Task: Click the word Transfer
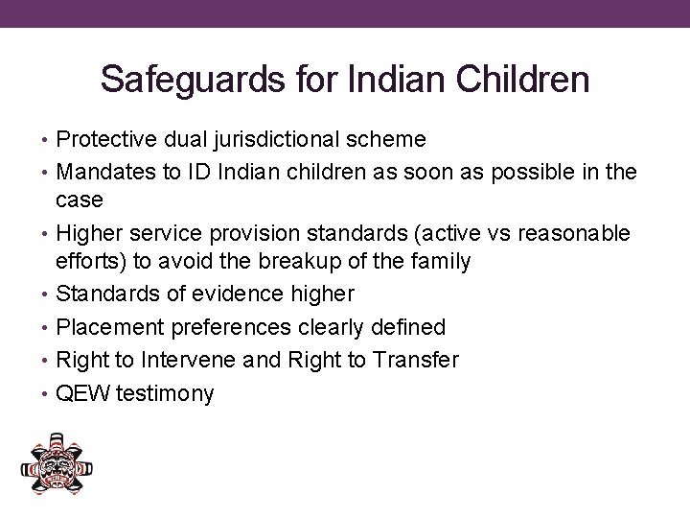coord(420,361)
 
